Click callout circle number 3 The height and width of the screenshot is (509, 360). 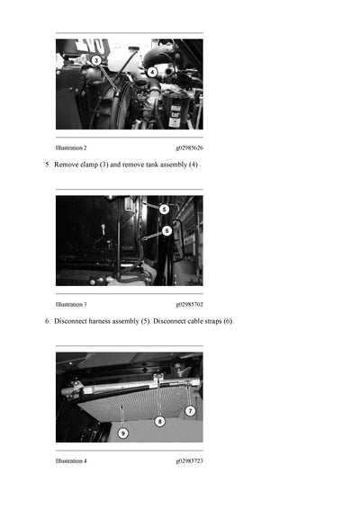[95, 60]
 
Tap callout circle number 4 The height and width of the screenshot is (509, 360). [152, 72]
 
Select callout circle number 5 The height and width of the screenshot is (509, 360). [164, 210]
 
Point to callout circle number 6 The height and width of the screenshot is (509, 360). [166, 231]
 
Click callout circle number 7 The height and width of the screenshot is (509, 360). [191, 411]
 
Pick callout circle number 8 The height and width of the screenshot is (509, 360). [159, 422]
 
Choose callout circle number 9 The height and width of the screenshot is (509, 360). [122, 433]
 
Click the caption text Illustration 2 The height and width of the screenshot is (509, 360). [71, 148]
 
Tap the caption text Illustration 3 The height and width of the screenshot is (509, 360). [71, 305]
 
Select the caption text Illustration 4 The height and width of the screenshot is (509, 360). [71, 461]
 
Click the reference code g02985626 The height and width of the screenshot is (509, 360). [189, 148]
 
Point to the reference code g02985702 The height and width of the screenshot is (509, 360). [189, 305]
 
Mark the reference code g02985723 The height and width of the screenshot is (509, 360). [189, 461]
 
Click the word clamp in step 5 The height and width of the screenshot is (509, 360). [89, 165]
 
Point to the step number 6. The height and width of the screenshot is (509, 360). [48, 321]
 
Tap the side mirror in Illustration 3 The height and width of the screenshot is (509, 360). [178, 240]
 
